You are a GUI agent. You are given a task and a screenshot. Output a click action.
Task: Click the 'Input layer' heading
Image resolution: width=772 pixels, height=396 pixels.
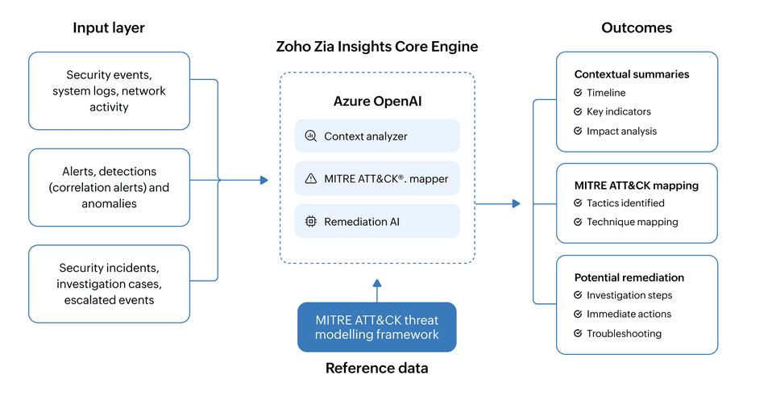point(109,28)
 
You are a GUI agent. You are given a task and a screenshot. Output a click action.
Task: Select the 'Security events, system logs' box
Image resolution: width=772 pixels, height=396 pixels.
point(109,90)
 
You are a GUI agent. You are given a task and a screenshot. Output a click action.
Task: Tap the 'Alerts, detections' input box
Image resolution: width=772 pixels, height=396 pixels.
point(109,187)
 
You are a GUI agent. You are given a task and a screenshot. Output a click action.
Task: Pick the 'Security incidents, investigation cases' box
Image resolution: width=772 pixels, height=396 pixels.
point(109,283)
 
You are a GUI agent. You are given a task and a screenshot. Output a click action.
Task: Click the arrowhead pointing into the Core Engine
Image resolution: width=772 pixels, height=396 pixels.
point(264,181)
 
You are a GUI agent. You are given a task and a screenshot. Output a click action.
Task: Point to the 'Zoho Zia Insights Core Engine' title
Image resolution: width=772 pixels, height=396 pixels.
point(377,47)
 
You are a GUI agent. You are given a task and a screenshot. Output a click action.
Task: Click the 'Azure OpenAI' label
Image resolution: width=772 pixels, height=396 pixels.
point(377,102)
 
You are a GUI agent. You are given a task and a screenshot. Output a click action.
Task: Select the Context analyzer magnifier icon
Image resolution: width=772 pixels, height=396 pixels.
point(310,136)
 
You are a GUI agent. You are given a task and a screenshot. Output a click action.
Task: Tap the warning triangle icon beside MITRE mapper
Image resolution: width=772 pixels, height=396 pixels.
point(310,178)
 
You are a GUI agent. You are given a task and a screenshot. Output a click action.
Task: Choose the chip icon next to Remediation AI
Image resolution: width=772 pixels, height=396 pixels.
point(310,221)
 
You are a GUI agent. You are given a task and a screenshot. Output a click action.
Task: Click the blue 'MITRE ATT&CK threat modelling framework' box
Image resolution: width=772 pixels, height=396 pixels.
point(377,327)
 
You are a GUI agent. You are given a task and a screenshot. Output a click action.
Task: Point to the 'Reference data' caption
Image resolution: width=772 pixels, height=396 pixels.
point(377,369)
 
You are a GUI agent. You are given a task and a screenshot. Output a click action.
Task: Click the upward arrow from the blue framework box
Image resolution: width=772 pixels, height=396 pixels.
point(377,284)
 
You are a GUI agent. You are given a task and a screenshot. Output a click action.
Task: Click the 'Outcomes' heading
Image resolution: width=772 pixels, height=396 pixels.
point(637,28)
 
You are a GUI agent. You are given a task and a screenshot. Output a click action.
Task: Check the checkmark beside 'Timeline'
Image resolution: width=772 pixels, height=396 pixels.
point(578,93)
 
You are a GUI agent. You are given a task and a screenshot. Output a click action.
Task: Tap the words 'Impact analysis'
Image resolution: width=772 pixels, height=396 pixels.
point(621,131)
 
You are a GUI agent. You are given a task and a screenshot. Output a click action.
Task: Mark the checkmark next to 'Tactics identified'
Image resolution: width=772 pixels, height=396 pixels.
point(578,203)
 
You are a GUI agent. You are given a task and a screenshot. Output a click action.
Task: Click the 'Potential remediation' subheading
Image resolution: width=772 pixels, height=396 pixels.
point(629,277)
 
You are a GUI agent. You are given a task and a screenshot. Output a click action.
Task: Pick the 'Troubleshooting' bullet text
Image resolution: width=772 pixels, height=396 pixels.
point(624,333)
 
